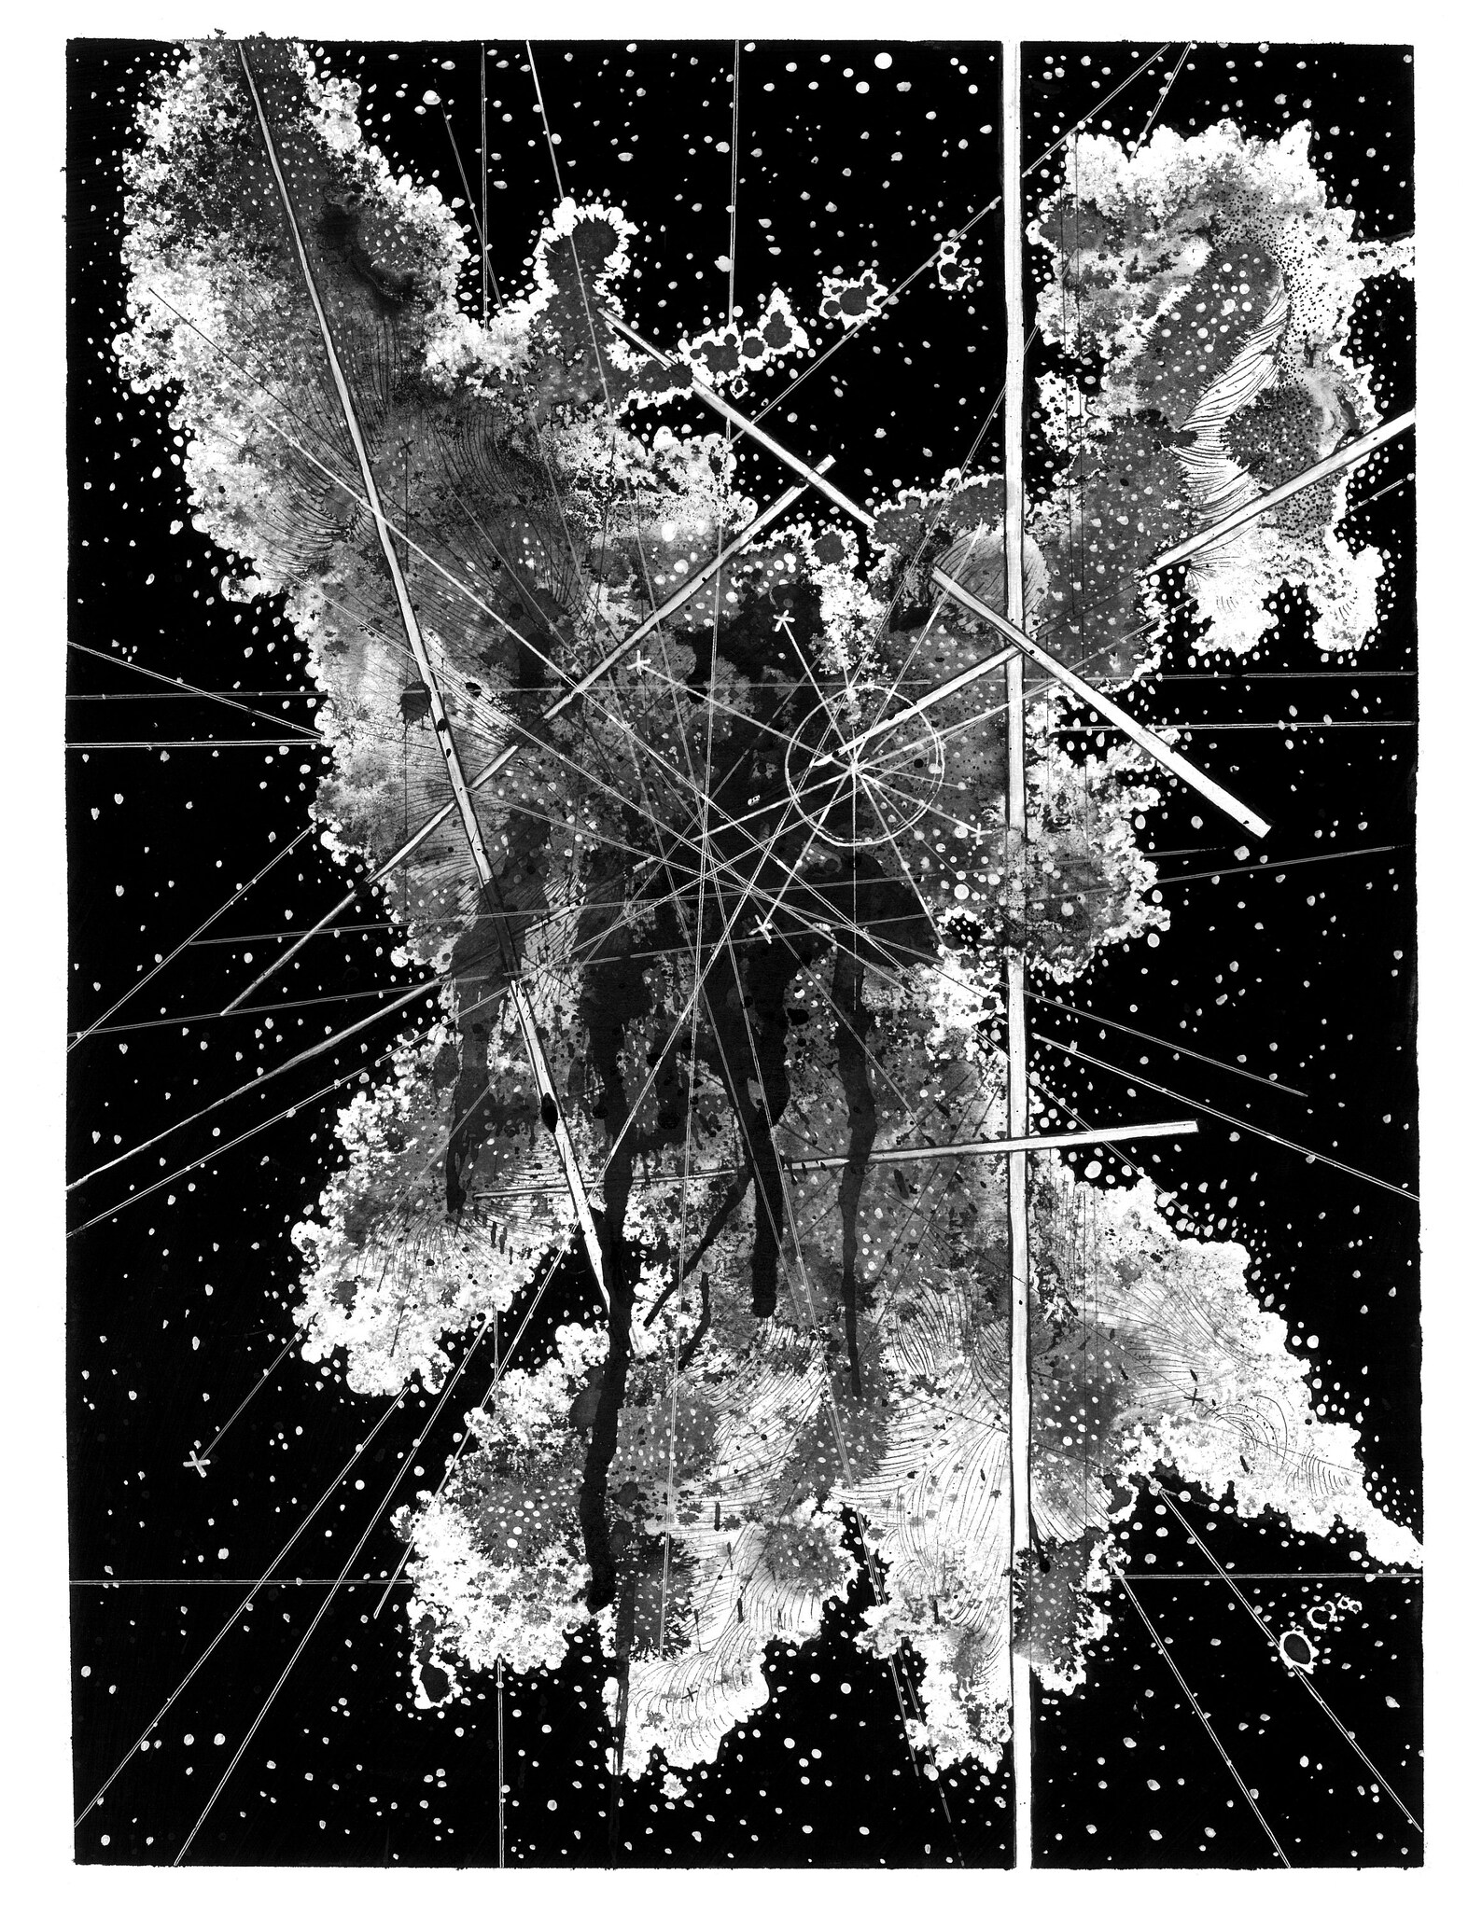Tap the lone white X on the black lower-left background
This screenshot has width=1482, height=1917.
[x=196, y=1464]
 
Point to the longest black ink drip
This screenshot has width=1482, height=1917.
[x=597, y=1399]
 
